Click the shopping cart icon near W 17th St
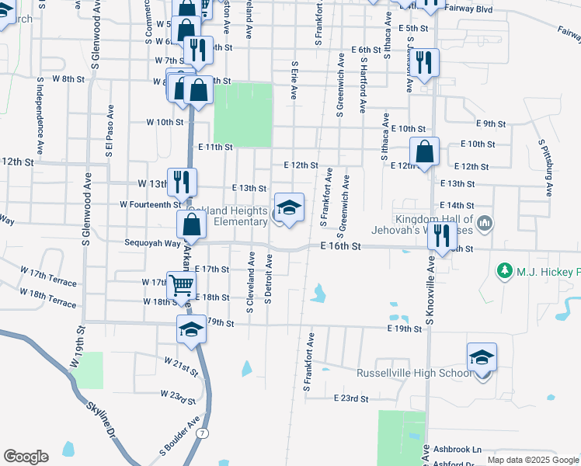click(x=181, y=284)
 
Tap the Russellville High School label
click(x=414, y=373)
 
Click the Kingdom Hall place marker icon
click(x=485, y=224)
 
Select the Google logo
click(x=26, y=457)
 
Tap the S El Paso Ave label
click(x=111, y=133)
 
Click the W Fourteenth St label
click(x=150, y=204)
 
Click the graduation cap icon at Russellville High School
click(x=482, y=357)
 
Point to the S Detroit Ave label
click(x=269, y=282)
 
